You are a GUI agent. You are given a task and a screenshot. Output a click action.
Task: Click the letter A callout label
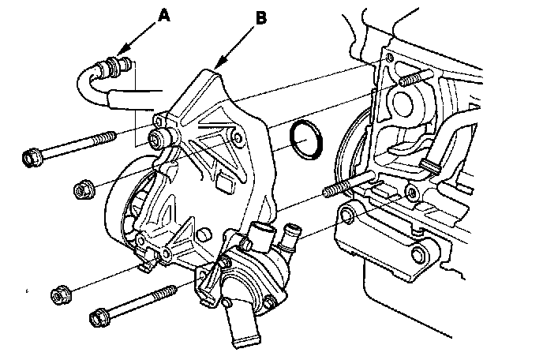coord(163,13)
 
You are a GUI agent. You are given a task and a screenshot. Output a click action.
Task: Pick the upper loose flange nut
coord(81,189)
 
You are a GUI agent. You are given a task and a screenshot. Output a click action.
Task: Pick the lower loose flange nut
coord(59,296)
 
